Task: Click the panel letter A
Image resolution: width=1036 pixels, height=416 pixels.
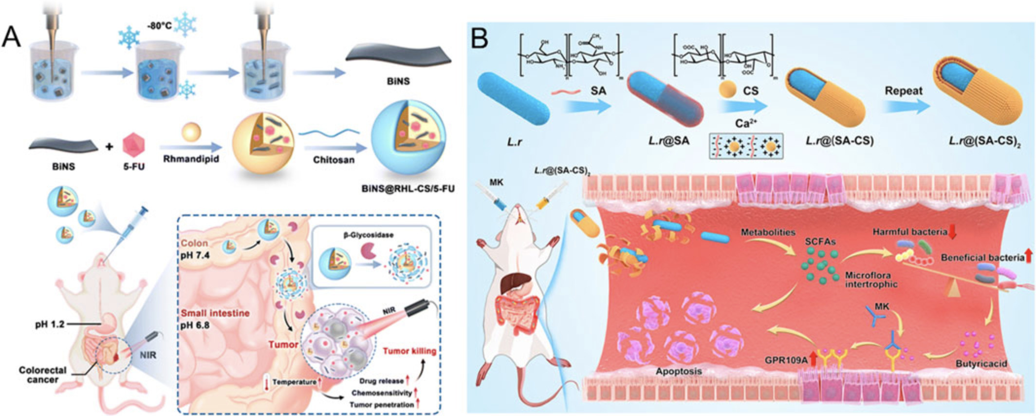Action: click(x=12, y=37)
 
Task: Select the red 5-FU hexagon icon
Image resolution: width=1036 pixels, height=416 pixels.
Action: click(x=134, y=145)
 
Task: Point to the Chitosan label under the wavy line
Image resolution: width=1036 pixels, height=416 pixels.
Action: click(x=333, y=159)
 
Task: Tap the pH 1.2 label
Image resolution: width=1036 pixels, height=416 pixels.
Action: click(x=50, y=323)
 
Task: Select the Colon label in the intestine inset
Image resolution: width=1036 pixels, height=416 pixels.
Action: click(x=194, y=243)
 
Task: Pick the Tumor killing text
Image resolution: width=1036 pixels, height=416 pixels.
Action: click(x=409, y=351)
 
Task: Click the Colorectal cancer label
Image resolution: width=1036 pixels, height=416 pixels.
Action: click(x=42, y=375)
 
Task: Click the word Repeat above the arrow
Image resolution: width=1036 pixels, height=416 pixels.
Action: click(x=904, y=91)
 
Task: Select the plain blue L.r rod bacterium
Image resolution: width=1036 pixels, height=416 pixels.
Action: click(x=514, y=98)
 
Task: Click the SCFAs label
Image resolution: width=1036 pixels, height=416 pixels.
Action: click(x=820, y=242)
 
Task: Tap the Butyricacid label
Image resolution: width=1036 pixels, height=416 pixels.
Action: click(x=981, y=363)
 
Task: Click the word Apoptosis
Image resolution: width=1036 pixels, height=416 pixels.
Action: click(x=679, y=371)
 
